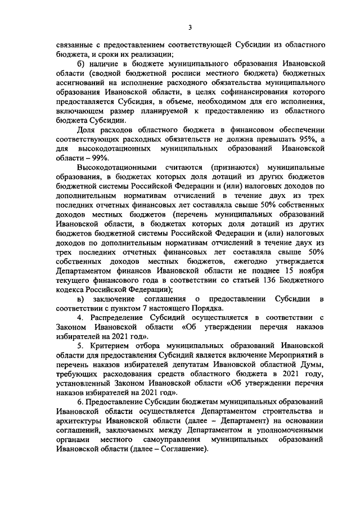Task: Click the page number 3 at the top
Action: click(190, 27)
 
